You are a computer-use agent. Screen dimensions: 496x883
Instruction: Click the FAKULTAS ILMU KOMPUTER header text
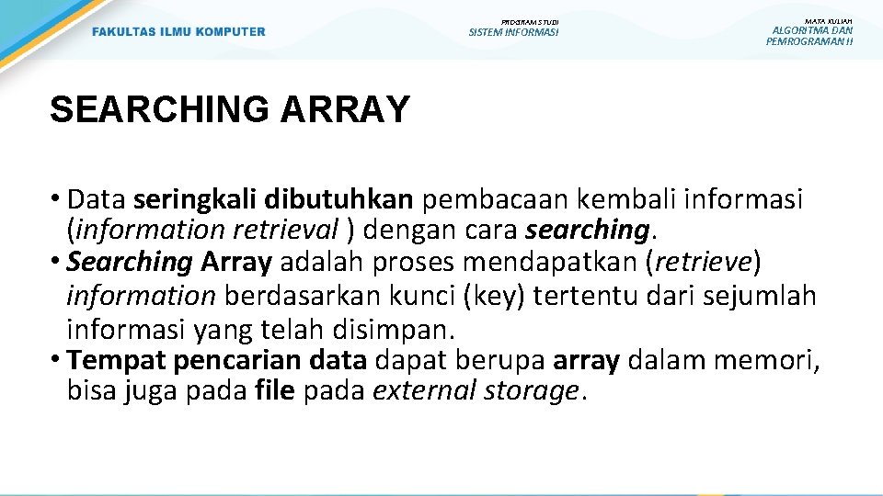[178, 32]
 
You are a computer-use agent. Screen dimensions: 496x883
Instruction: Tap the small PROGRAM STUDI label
[529, 21]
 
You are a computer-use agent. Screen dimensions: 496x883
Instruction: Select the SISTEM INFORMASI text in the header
[513, 32]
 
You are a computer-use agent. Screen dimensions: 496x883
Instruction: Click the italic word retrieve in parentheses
[705, 263]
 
